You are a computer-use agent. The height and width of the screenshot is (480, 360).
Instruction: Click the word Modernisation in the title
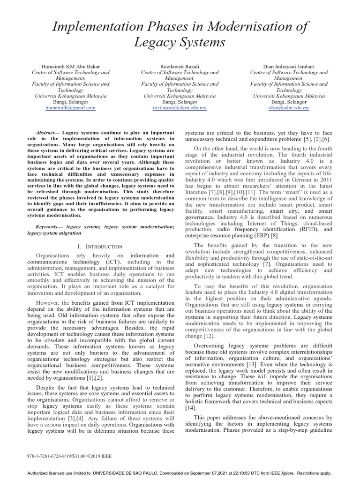248,27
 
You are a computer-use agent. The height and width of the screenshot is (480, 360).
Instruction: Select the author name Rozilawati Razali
180,67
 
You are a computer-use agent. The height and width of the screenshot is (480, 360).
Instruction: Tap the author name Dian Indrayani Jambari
289,67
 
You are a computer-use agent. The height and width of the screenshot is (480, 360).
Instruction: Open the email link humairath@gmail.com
70,107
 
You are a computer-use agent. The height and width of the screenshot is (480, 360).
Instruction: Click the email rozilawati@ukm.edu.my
180,107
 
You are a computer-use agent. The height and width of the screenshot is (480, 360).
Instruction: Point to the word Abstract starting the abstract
47,133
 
